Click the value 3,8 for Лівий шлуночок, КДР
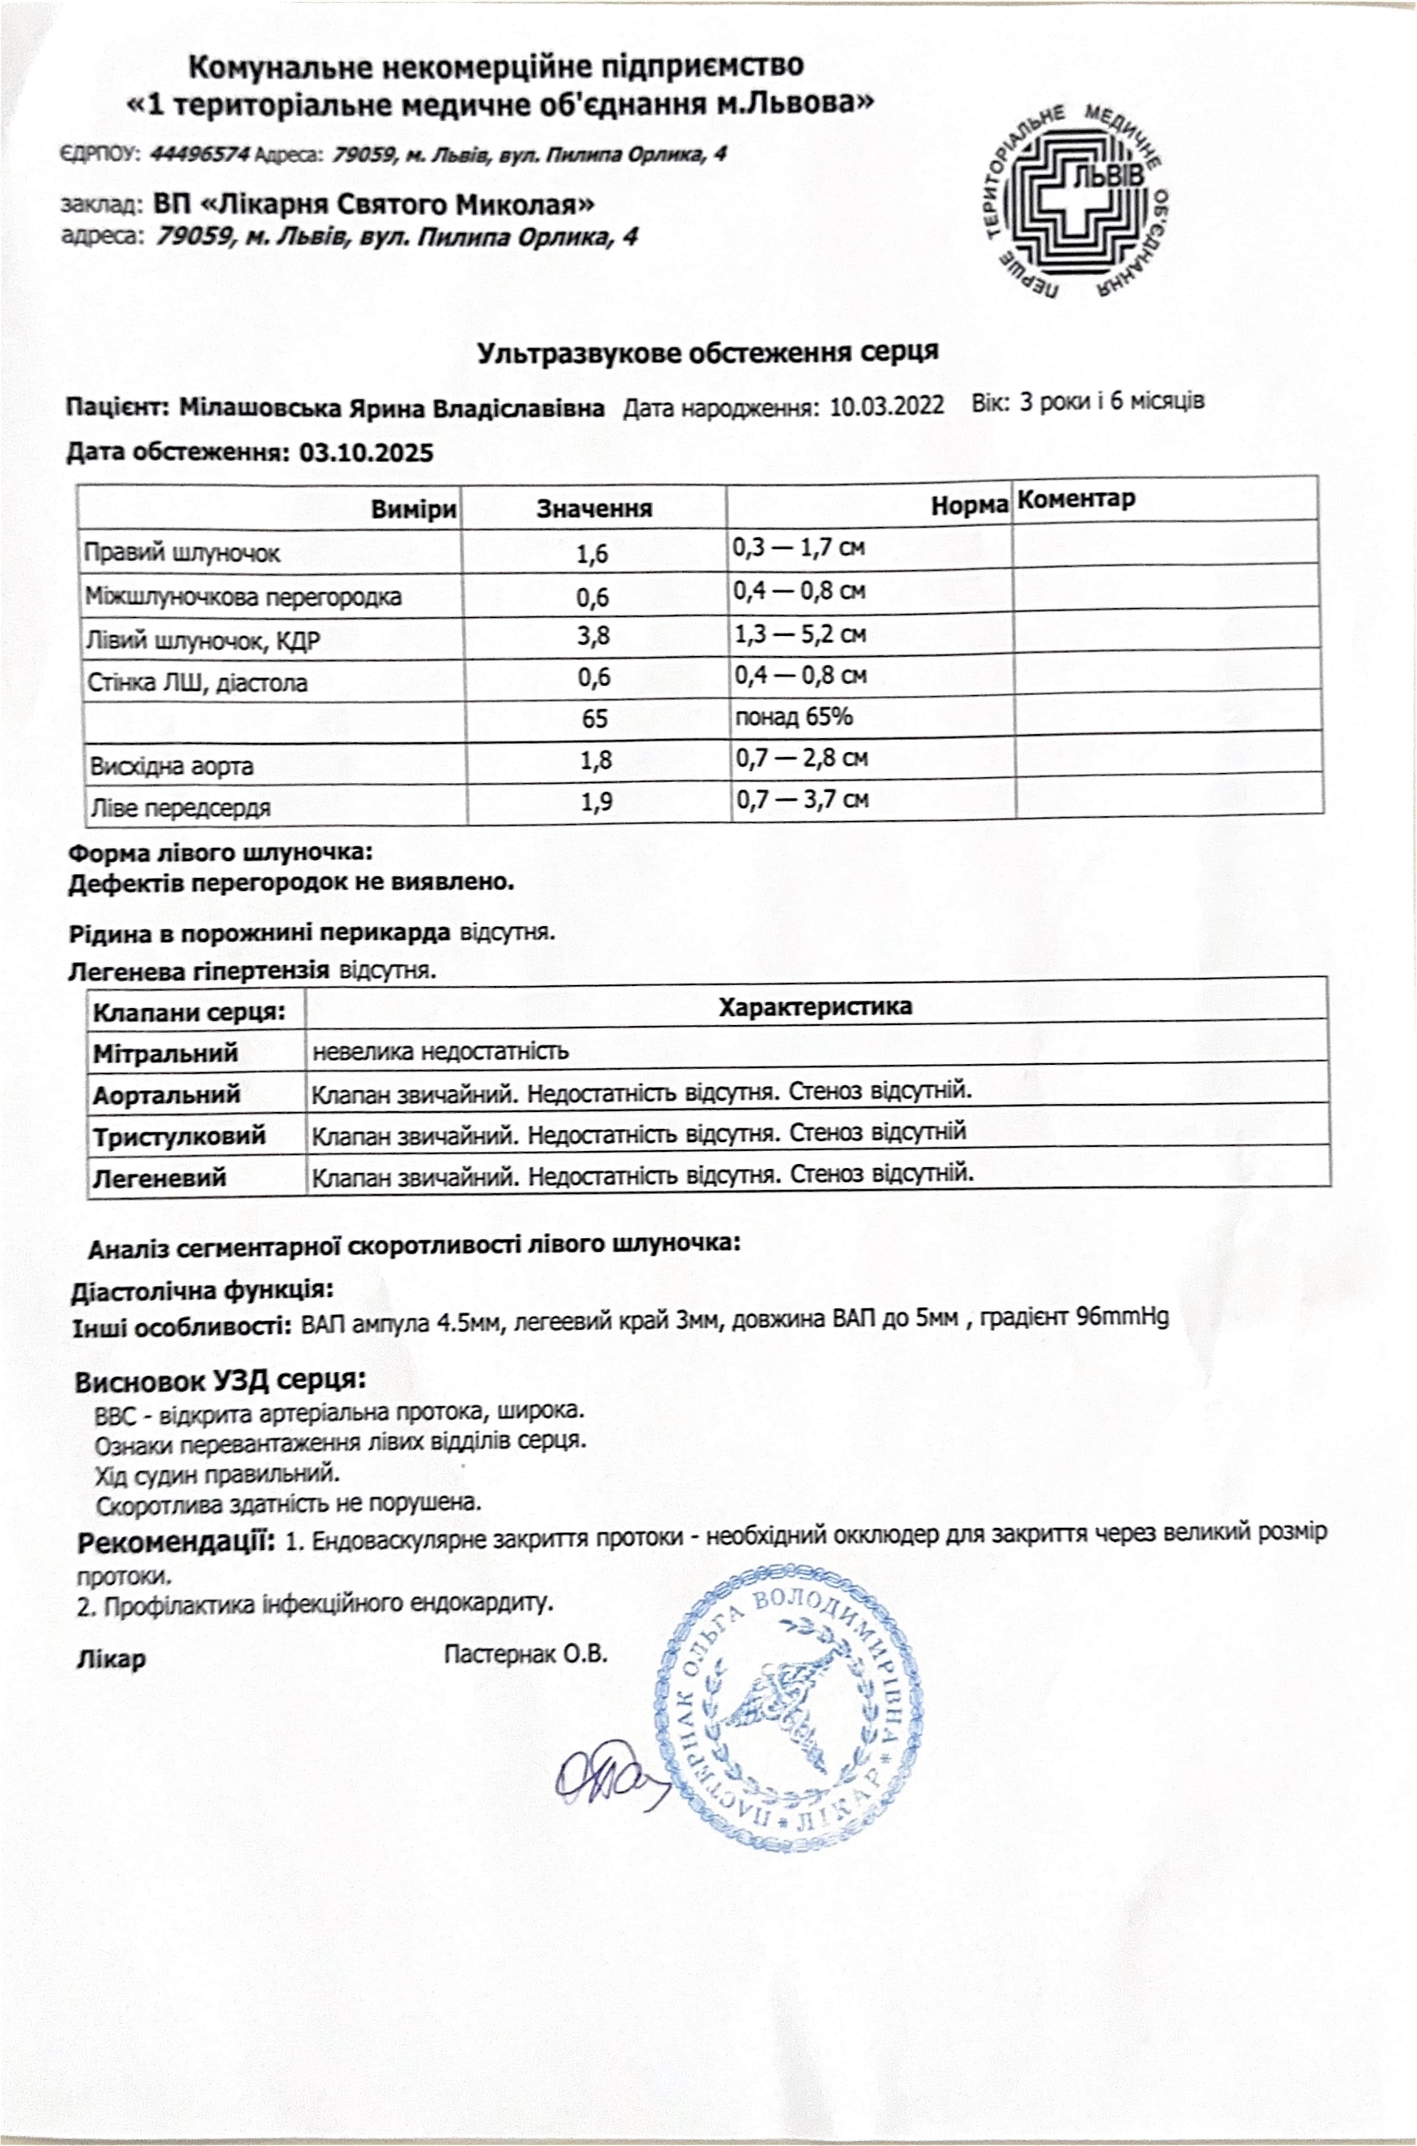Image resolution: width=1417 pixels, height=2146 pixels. click(x=594, y=636)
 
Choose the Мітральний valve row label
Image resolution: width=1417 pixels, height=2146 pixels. click(x=165, y=1053)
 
